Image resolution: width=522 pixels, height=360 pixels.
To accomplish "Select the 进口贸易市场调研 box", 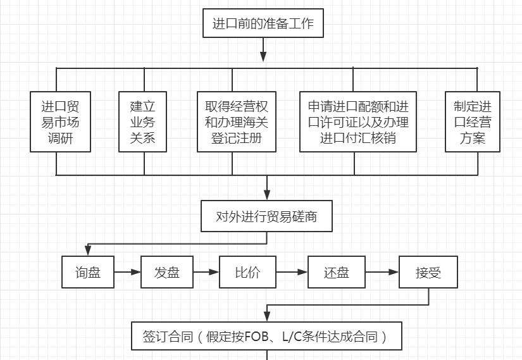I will click(61, 121).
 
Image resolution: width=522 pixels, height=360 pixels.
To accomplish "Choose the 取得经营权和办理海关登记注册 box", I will click(236, 121).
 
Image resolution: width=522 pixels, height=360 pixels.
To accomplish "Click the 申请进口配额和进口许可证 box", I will click(357, 121).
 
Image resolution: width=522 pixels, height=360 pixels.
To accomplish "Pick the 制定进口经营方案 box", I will click(472, 121).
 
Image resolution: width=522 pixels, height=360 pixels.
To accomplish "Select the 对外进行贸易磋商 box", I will click(266, 216).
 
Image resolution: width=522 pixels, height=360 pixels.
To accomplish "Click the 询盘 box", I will click(88, 272).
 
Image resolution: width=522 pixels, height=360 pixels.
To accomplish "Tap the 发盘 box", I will click(166, 272).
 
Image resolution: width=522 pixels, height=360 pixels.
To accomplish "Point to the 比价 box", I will click(247, 272).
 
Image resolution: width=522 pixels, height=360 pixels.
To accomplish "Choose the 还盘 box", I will click(336, 272).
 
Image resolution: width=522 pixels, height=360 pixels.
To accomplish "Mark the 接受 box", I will click(428, 272).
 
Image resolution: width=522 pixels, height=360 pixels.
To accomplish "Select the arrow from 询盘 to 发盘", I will click(127, 272).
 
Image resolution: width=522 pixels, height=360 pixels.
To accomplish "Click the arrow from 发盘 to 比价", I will click(206, 272).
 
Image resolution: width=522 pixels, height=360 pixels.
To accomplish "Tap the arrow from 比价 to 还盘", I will click(292, 272).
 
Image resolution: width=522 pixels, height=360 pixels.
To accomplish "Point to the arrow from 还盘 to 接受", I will click(382, 272).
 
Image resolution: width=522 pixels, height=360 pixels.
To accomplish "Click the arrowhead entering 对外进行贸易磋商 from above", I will click(267, 196).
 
